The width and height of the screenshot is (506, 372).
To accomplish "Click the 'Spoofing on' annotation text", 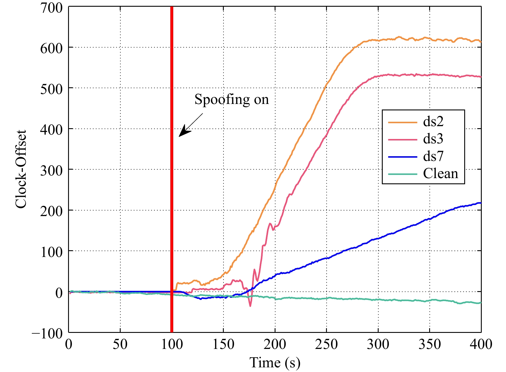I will [x=231, y=100].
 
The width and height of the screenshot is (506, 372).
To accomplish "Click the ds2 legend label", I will [x=433, y=121].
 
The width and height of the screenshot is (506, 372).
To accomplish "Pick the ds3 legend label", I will [x=433, y=139].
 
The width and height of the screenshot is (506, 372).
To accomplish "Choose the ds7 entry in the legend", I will [x=433, y=156].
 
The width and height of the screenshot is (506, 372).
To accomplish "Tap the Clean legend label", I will [x=441, y=174].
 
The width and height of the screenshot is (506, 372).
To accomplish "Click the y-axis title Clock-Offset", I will [x=21, y=169].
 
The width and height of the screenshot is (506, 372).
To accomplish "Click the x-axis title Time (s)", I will [x=275, y=363].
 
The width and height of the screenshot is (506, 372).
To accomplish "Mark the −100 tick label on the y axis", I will [x=47, y=333].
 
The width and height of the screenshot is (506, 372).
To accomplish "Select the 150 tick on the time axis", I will [x=223, y=345].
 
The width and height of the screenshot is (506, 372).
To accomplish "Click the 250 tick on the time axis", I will [x=326, y=345].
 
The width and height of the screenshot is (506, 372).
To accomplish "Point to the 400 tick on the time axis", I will [x=481, y=345].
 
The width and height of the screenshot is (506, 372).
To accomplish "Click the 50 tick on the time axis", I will [x=120, y=345].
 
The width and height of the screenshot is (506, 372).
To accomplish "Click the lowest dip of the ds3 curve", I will [x=250, y=306].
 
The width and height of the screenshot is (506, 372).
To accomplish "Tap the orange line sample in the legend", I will [x=402, y=122].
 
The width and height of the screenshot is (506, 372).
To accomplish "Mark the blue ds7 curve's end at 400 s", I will [x=481, y=203].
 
